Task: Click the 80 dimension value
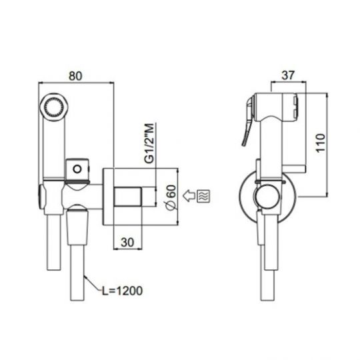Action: [x=75, y=76]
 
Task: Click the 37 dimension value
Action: [x=288, y=75]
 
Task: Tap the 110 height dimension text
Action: [x=321, y=143]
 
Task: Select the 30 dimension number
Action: [x=127, y=242]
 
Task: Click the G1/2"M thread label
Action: [x=149, y=143]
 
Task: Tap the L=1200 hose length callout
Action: [x=123, y=291]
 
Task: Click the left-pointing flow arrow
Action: [x=189, y=196]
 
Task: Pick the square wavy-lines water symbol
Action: [x=203, y=196]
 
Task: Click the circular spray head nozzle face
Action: [x=54, y=107]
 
